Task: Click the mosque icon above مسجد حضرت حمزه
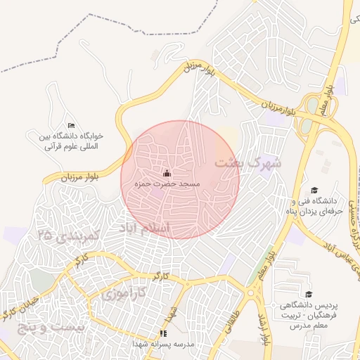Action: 167,173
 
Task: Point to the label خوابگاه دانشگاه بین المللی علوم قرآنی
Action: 74,141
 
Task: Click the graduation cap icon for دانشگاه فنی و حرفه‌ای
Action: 314,190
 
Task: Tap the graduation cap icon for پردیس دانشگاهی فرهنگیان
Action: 307,294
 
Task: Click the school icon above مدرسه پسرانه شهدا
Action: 163,333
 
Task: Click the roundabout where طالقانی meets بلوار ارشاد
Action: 252,292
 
